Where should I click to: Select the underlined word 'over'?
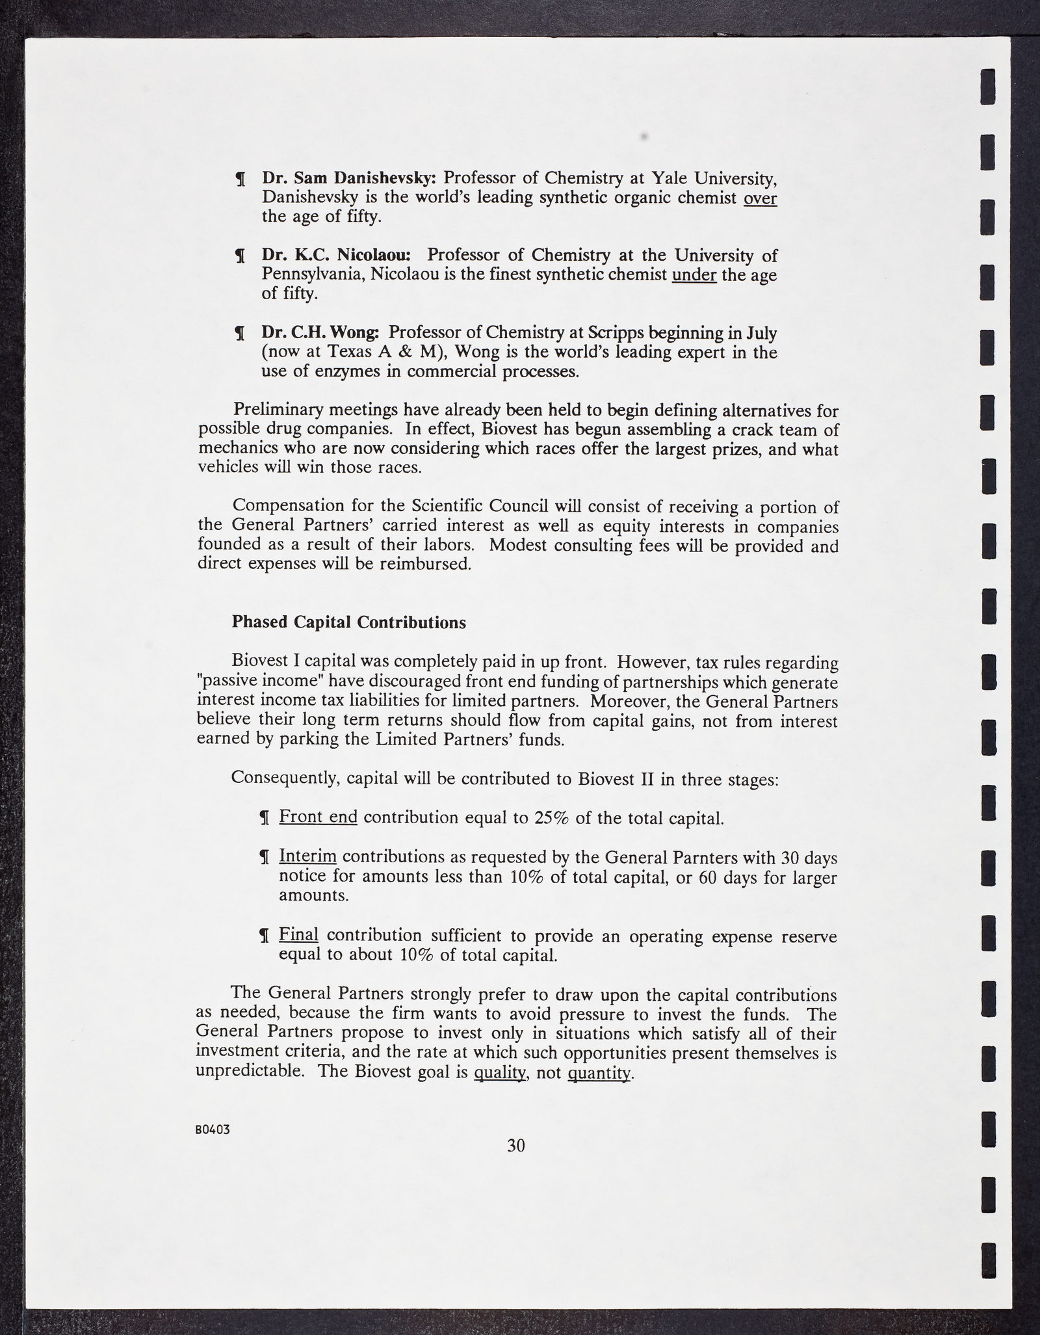click(760, 198)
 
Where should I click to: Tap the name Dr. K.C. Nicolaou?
click(341, 255)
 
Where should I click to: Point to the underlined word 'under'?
click(694, 275)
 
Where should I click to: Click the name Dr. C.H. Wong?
click(320, 333)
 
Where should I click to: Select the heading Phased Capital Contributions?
click(349, 622)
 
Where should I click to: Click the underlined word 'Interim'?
click(307, 857)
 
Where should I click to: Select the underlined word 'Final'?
click(298, 935)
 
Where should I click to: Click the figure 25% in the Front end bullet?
click(551, 818)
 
